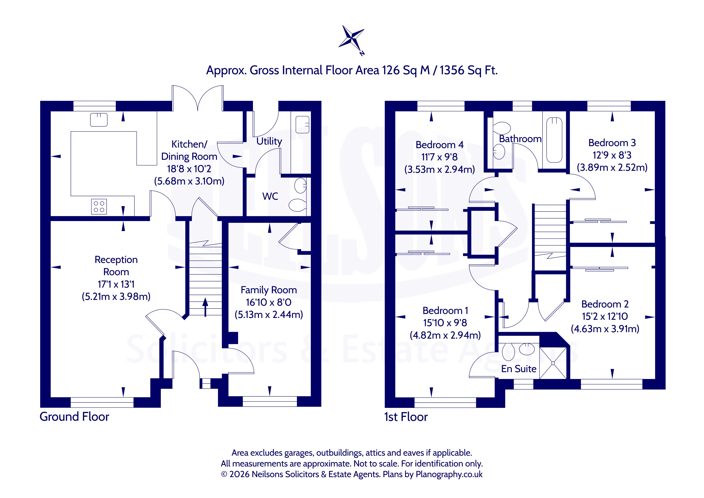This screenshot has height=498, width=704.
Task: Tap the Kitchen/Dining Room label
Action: [189, 150]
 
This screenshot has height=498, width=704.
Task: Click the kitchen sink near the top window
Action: [99, 120]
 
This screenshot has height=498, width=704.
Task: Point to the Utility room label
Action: [269, 141]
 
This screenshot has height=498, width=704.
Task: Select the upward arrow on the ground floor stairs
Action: [205, 307]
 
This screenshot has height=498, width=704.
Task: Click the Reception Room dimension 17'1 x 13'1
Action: [116, 284]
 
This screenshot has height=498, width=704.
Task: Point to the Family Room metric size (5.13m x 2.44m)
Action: [269, 315]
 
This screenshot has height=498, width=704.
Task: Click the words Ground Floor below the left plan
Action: [74, 417]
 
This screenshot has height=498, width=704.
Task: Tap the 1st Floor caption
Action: [406, 417]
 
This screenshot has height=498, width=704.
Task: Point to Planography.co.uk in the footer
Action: [449, 474]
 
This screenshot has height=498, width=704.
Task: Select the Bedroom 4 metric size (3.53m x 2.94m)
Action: [439, 169]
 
